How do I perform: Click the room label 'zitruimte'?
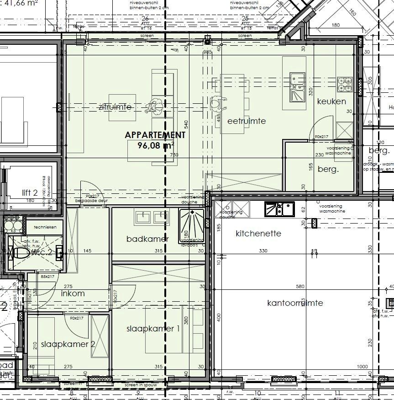(x=115, y=107)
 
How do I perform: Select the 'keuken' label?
(x=331, y=101)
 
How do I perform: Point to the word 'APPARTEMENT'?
(x=155, y=135)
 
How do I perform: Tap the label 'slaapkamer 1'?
(x=152, y=329)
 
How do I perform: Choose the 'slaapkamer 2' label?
(x=68, y=344)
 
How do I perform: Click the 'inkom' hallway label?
(x=73, y=293)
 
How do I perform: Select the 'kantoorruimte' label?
(x=295, y=303)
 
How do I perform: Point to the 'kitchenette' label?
(x=258, y=234)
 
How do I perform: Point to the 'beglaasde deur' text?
(x=89, y=201)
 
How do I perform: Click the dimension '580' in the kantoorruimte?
(x=299, y=287)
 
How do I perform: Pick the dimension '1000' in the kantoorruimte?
(x=362, y=367)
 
